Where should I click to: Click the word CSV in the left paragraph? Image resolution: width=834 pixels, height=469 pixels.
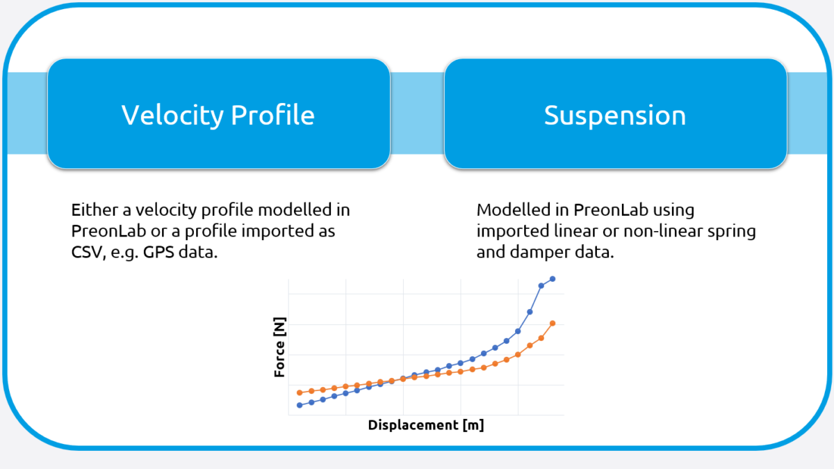tap(88, 252)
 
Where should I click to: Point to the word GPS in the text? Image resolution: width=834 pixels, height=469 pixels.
tap(161, 252)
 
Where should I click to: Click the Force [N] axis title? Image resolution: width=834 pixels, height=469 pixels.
tap(279, 349)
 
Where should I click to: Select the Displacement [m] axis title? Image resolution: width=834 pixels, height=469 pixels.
tap(425, 425)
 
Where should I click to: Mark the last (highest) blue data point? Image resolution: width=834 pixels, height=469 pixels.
tap(553, 279)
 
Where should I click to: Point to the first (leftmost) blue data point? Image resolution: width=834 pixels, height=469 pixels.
tap(300, 405)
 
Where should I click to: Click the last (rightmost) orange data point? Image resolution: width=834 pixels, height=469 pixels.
tap(553, 323)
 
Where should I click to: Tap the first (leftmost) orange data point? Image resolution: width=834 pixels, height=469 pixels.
tap(300, 392)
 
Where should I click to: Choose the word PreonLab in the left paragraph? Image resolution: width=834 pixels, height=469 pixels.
tap(106, 231)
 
